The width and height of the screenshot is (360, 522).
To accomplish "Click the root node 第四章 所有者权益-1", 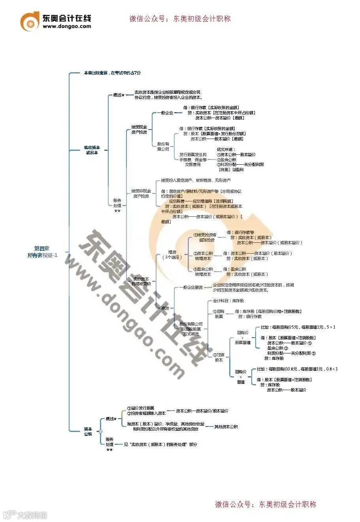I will pos(46,252).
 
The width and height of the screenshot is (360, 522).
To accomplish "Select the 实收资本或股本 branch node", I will pos(92,150).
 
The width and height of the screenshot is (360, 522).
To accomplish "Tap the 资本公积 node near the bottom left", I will pos(88,431).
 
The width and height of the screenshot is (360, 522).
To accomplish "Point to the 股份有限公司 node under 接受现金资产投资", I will pos(163,146).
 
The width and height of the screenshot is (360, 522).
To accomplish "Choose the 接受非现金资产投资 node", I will pos(141,193).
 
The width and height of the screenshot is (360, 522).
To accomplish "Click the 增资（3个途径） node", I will pos(172,254).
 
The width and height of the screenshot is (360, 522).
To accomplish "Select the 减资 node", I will pos(165,308).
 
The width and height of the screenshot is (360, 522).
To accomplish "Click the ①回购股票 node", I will pos(219,314).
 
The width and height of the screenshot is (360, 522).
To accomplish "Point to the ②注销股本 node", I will pos(219,357).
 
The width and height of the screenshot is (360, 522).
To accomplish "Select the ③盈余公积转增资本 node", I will pos(203,272).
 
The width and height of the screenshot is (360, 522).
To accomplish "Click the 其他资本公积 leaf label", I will pos(226,427).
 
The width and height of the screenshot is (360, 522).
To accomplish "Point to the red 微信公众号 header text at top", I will pos(180,19).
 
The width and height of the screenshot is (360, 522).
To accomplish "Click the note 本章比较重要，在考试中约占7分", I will pos(112,73).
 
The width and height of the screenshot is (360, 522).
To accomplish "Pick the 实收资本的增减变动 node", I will pos(141,281).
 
